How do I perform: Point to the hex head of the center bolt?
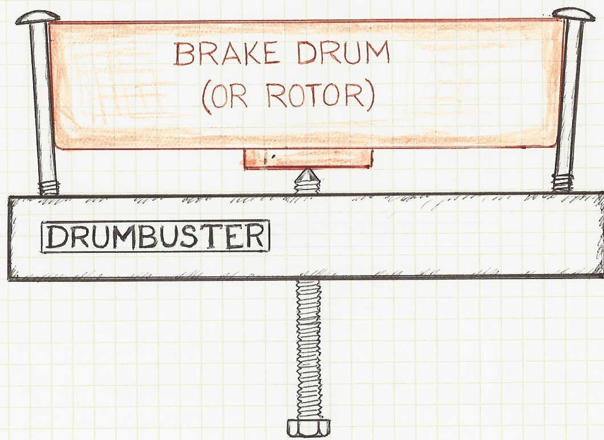(309, 428)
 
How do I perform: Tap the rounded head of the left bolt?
(38, 17)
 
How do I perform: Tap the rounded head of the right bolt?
(574, 14)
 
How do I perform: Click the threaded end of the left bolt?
(49, 187)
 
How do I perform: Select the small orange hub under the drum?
(308, 159)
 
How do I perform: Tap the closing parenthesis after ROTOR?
(370, 97)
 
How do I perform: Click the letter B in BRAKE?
(184, 54)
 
